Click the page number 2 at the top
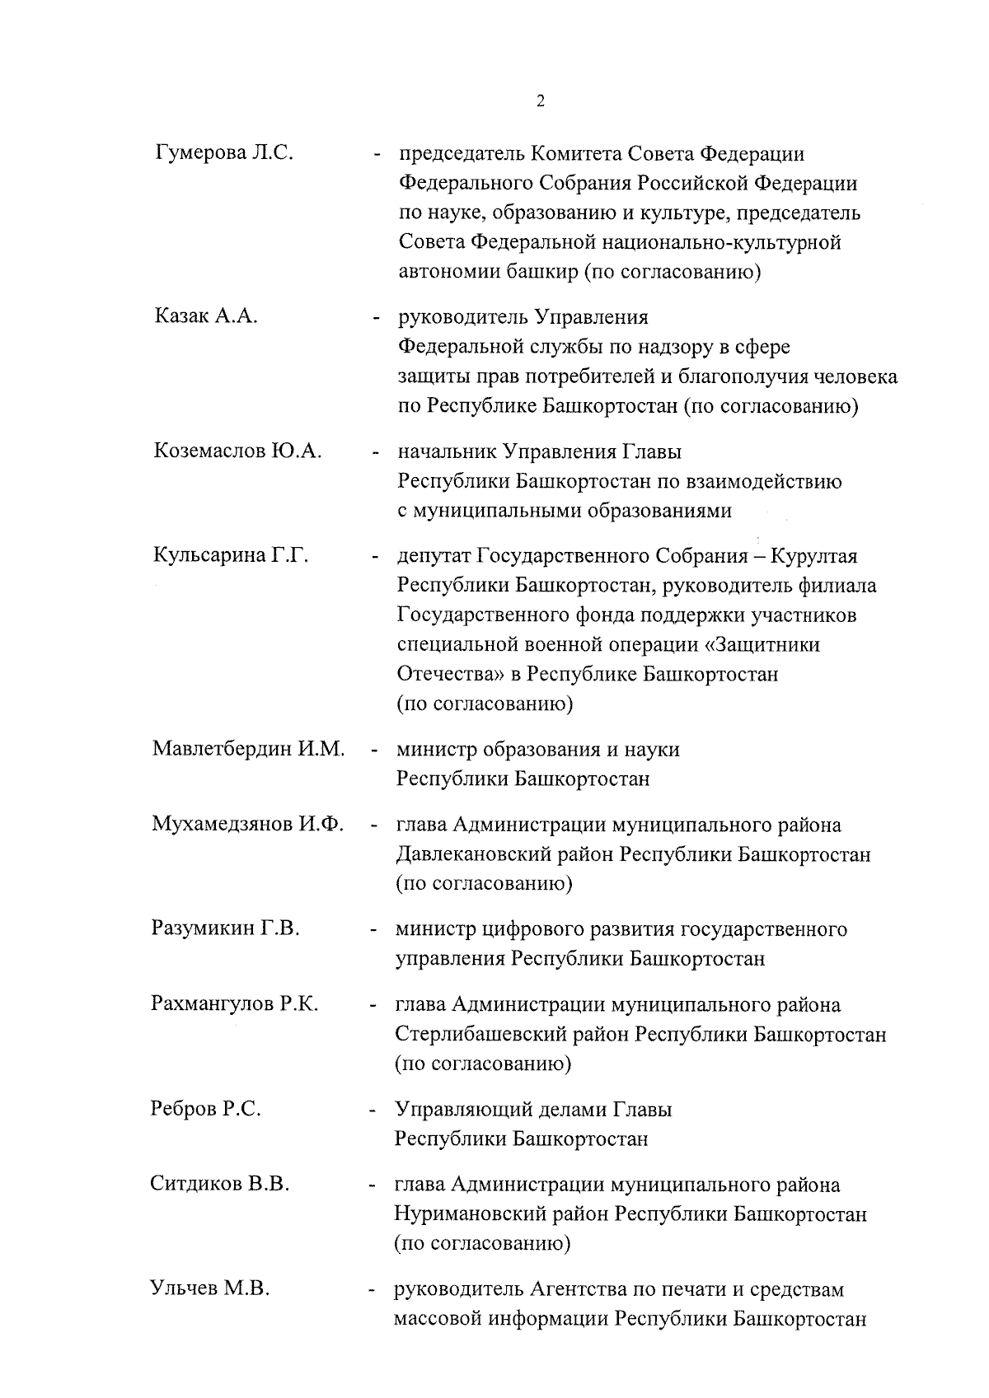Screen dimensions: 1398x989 540,102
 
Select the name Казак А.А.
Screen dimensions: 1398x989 206,316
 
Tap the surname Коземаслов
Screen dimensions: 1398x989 208,451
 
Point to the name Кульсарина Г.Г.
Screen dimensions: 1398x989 231,556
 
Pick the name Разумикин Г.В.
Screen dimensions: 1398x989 225,929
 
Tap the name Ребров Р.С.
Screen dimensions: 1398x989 206,1109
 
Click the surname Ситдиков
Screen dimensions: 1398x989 195,1185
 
